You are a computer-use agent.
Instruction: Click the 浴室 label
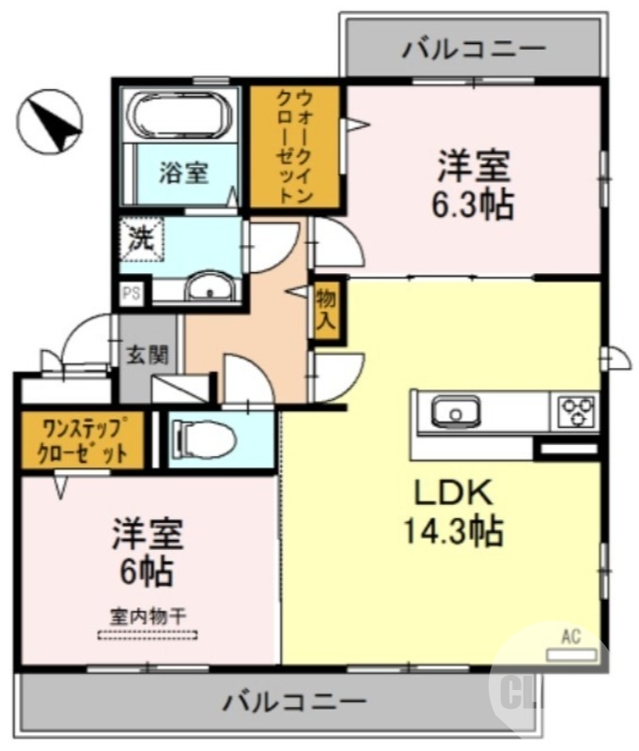(x=183, y=173)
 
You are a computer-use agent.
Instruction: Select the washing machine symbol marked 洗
(x=141, y=238)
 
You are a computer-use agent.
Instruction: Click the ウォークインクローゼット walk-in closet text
(x=295, y=146)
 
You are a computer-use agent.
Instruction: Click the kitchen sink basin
(x=456, y=412)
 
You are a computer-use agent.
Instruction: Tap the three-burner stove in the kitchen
(x=576, y=411)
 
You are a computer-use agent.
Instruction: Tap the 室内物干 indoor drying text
(x=148, y=616)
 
